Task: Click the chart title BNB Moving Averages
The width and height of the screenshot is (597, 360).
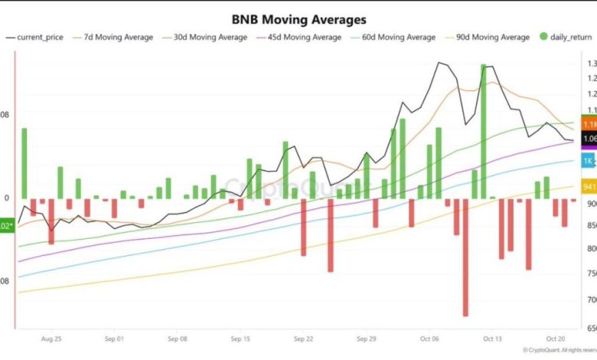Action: click(x=299, y=19)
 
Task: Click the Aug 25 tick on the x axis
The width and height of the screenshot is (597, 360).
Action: click(x=51, y=338)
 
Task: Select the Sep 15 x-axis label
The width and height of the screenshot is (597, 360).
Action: click(x=240, y=338)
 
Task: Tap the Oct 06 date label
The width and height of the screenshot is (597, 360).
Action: click(x=429, y=338)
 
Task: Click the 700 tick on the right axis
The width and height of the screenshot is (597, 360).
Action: click(x=589, y=300)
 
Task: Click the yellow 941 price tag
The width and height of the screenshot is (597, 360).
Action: click(x=589, y=186)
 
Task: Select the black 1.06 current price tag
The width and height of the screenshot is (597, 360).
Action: click(x=589, y=139)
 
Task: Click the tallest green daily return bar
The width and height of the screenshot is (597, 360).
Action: click(x=484, y=131)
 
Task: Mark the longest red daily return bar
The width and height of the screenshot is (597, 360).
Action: click(x=465, y=257)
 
